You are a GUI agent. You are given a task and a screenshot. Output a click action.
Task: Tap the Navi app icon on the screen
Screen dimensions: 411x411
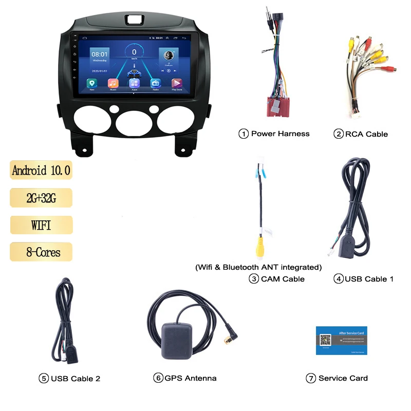92,83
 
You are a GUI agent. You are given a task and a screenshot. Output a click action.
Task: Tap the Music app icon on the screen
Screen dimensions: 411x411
113,83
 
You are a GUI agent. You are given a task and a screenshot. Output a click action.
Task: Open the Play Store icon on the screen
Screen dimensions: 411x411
176,83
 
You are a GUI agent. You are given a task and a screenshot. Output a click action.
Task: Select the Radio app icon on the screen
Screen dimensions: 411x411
155,83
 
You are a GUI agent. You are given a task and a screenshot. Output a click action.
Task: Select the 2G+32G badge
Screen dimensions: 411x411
41,198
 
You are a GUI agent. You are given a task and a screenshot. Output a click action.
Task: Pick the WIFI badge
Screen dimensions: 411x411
41,225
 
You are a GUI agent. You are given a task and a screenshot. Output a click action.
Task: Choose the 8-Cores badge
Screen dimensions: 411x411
41,252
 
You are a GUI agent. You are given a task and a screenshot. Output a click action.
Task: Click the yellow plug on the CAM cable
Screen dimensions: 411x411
260,246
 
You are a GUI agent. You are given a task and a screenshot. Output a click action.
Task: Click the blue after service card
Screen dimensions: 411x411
341,340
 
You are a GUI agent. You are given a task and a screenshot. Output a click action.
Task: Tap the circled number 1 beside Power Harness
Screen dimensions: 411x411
244,134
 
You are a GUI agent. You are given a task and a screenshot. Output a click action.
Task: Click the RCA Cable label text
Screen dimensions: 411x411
366,134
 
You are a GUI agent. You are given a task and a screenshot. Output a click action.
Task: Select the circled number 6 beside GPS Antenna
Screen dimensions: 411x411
158,378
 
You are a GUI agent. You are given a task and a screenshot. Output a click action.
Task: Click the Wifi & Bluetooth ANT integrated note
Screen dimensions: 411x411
258,267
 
